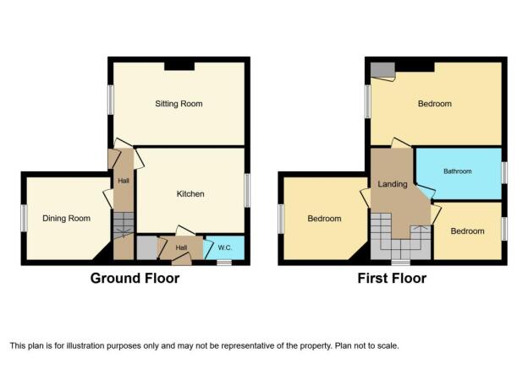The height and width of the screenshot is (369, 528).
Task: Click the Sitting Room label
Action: pyautogui.click(x=179, y=104)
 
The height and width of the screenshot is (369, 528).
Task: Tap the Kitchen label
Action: pyautogui.click(x=190, y=194)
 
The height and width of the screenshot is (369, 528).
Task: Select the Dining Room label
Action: pyautogui.click(x=66, y=219)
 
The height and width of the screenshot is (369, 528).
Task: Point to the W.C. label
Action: pyautogui.click(x=224, y=247)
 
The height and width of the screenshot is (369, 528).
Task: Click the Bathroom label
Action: pyautogui.click(x=457, y=171)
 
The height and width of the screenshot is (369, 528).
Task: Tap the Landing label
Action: pyautogui.click(x=393, y=184)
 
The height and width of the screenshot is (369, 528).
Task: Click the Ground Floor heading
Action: pyautogui.click(x=135, y=279)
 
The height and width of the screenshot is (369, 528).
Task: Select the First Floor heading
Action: pyautogui.click(x=392, y=279)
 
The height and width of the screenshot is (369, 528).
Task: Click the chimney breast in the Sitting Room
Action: pyautogui.click(x=179, y=66)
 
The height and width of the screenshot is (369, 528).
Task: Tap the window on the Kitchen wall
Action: pyautogui.click(x=247, y=190)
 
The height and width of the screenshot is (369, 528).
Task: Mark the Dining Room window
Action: pyautogui.click(x=24, y=218)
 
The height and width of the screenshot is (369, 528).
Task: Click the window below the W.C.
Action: pyautogui.click(x=224, y=263)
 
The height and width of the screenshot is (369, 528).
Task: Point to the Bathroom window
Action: pyautogui.click(x=504, y=173)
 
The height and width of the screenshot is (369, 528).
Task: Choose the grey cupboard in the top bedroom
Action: pyautogui.click(x=382, y=70)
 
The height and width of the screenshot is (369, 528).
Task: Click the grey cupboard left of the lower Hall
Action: pyautogui.click(x=147, y=248)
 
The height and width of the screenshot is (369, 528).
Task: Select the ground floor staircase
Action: pyautogui.click(x=124, y=225)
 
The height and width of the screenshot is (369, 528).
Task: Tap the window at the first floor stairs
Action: pyautogui.click(x=401, y=263)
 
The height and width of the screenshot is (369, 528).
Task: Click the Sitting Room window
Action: pyautogui.click(x=111, y=100)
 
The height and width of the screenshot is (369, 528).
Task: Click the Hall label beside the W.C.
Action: pyautogui.click(x=181, y=247)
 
